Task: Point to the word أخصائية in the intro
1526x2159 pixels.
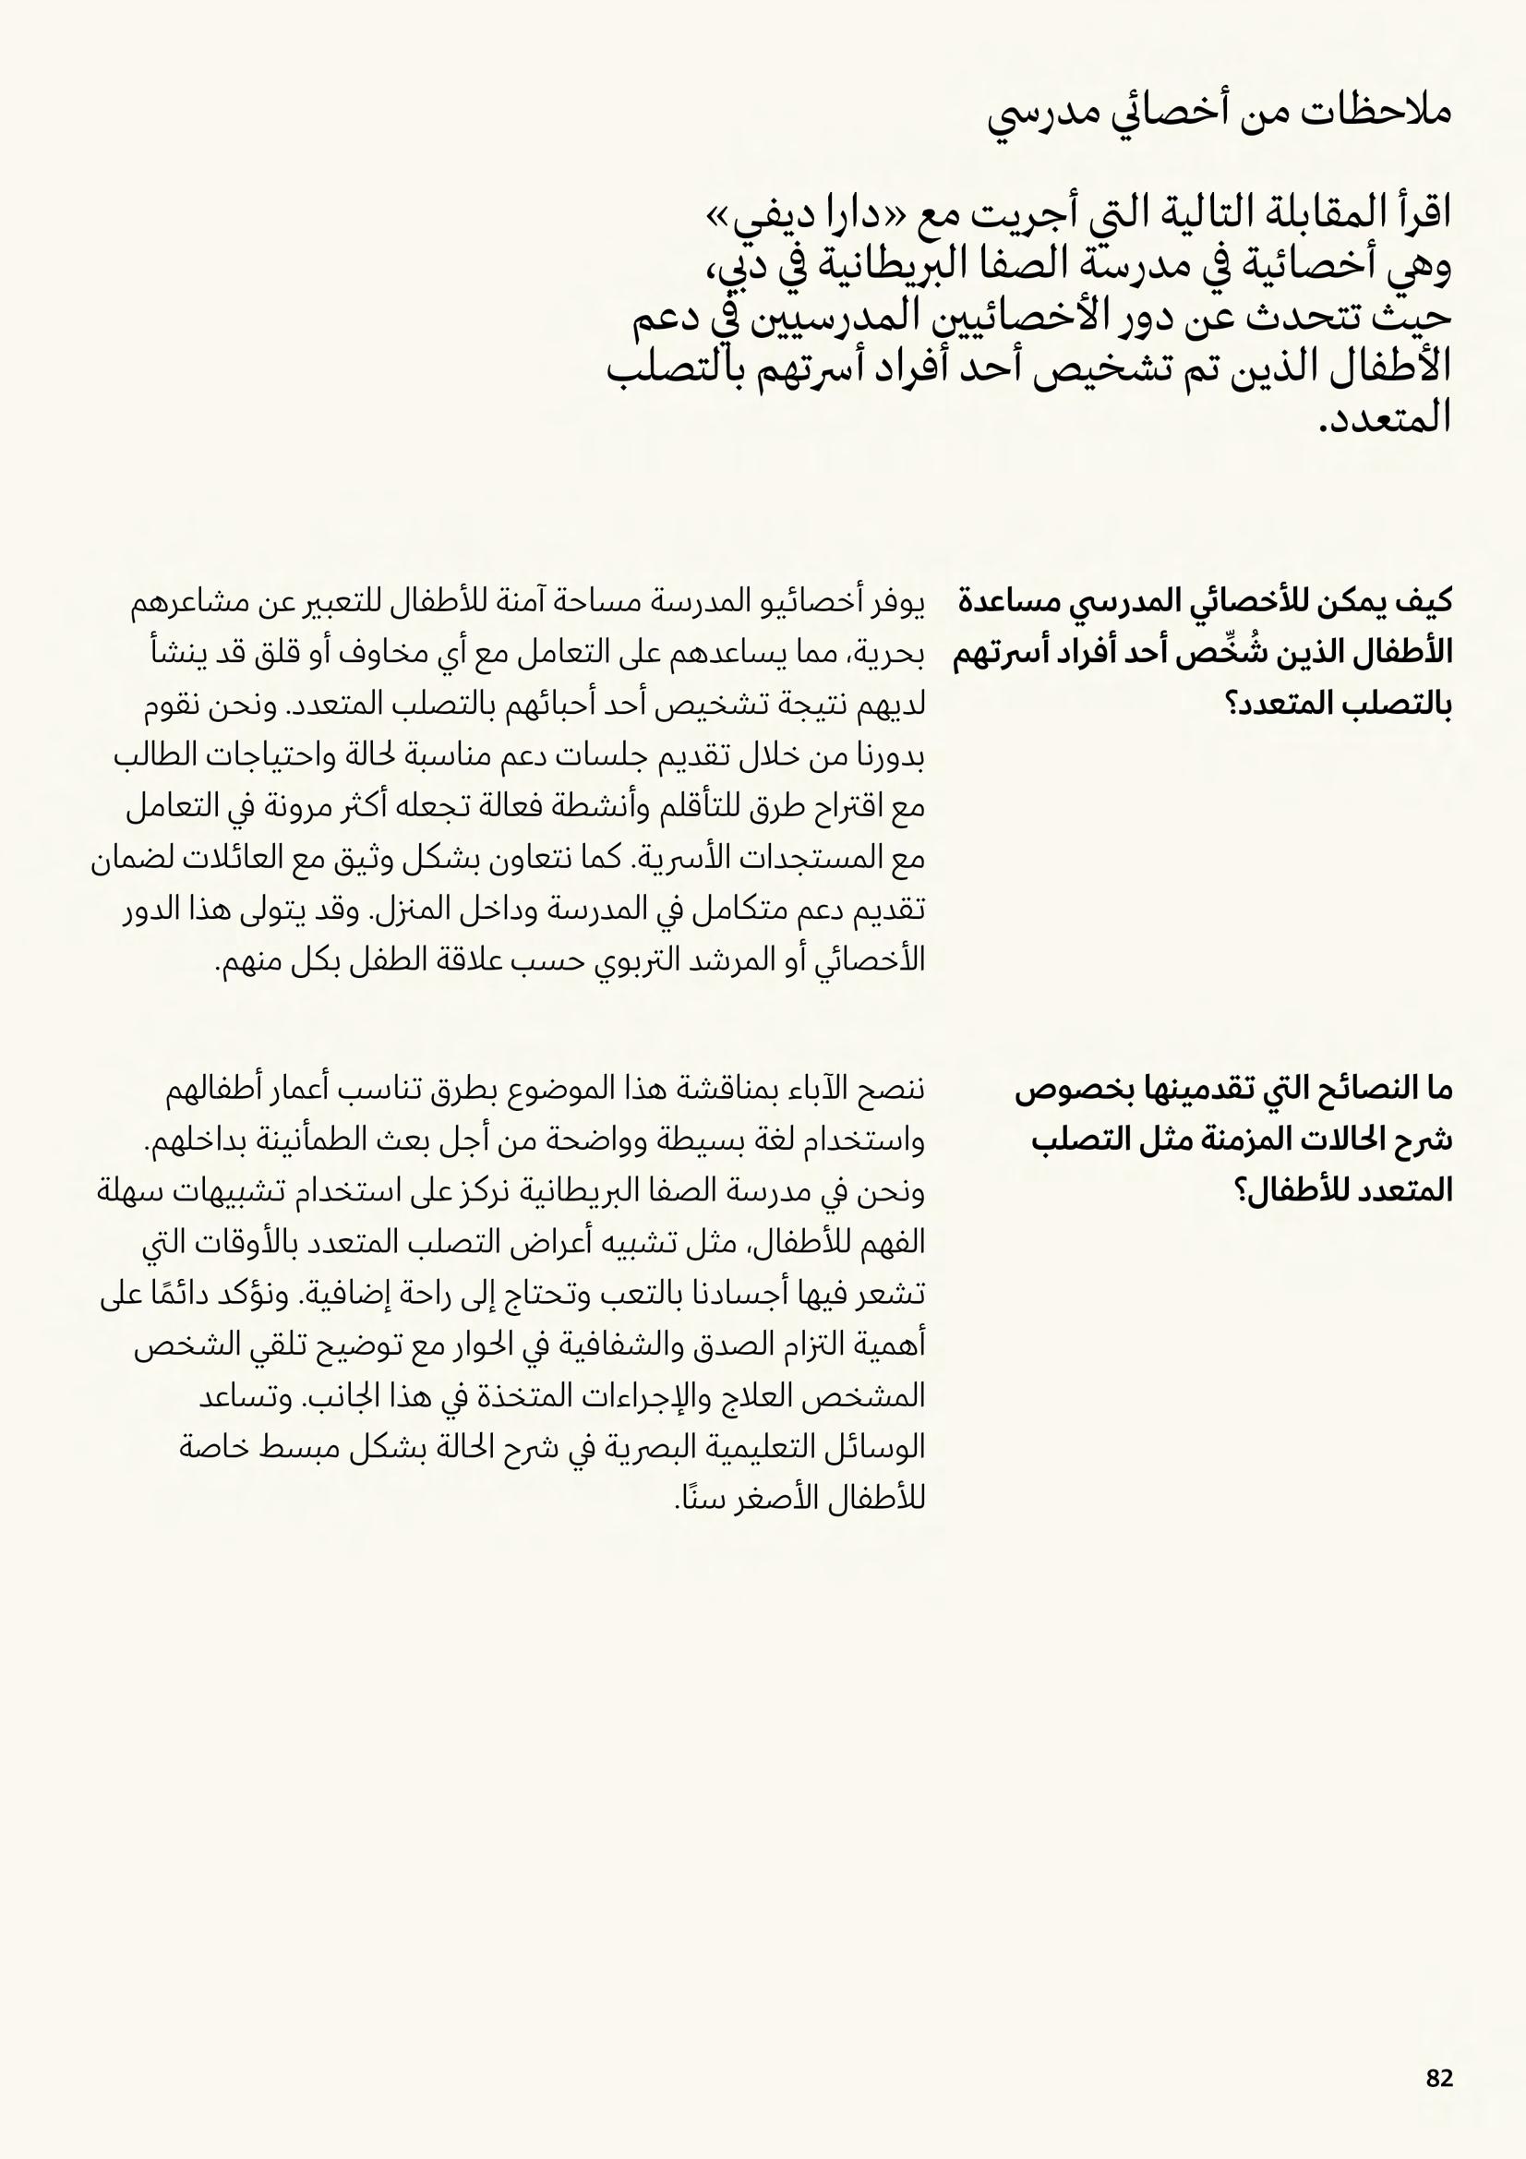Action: [1307, 268]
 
